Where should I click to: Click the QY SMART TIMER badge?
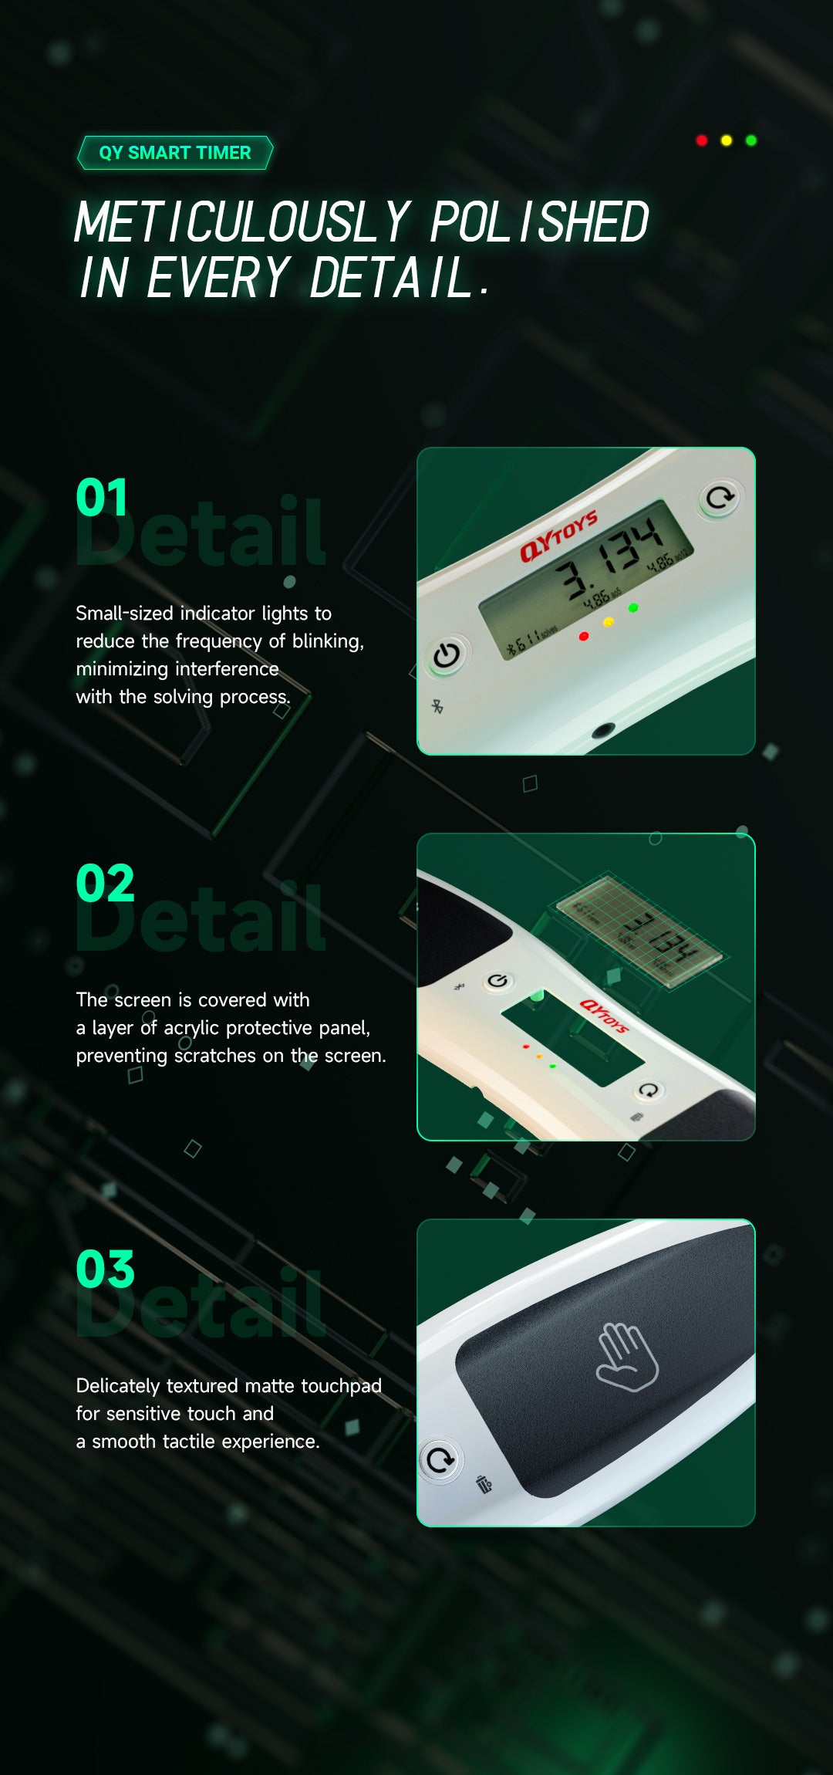(175, 153)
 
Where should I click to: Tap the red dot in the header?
(702, 140)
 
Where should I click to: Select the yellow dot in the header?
(727, 140)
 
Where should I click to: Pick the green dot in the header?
(751, 140)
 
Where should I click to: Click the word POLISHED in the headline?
(539, 222)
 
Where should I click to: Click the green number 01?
(101, 498)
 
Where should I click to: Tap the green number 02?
(105, 883)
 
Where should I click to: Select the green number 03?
(105, 1270)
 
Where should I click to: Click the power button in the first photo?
(446, 656)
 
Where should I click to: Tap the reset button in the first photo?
(720, 499)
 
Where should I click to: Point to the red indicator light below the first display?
(584, 637)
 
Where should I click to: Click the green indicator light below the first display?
(633, 608)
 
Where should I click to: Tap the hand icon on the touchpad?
(627, 1357)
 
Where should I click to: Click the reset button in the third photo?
(441, 1460)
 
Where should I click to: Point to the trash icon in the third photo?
(484, 1484)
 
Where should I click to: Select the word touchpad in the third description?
(341, 1386)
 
